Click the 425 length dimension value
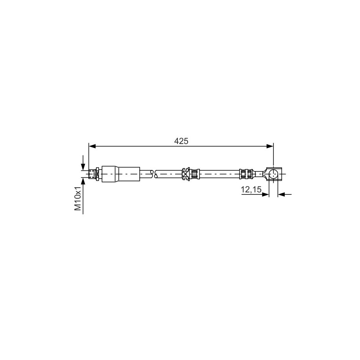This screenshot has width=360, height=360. point(181,141)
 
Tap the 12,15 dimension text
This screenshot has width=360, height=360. point(251,189)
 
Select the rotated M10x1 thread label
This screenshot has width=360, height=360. point(78,198)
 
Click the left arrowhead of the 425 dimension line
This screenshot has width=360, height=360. point(92,146)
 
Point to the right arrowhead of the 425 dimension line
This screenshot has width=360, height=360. point(270,146)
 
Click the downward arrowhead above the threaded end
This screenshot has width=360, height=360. point(83,167)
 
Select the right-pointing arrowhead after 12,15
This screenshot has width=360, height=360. point(266,194)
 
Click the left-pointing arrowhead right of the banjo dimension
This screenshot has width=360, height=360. point(281,194)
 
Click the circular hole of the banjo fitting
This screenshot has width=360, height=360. point(273,174)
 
